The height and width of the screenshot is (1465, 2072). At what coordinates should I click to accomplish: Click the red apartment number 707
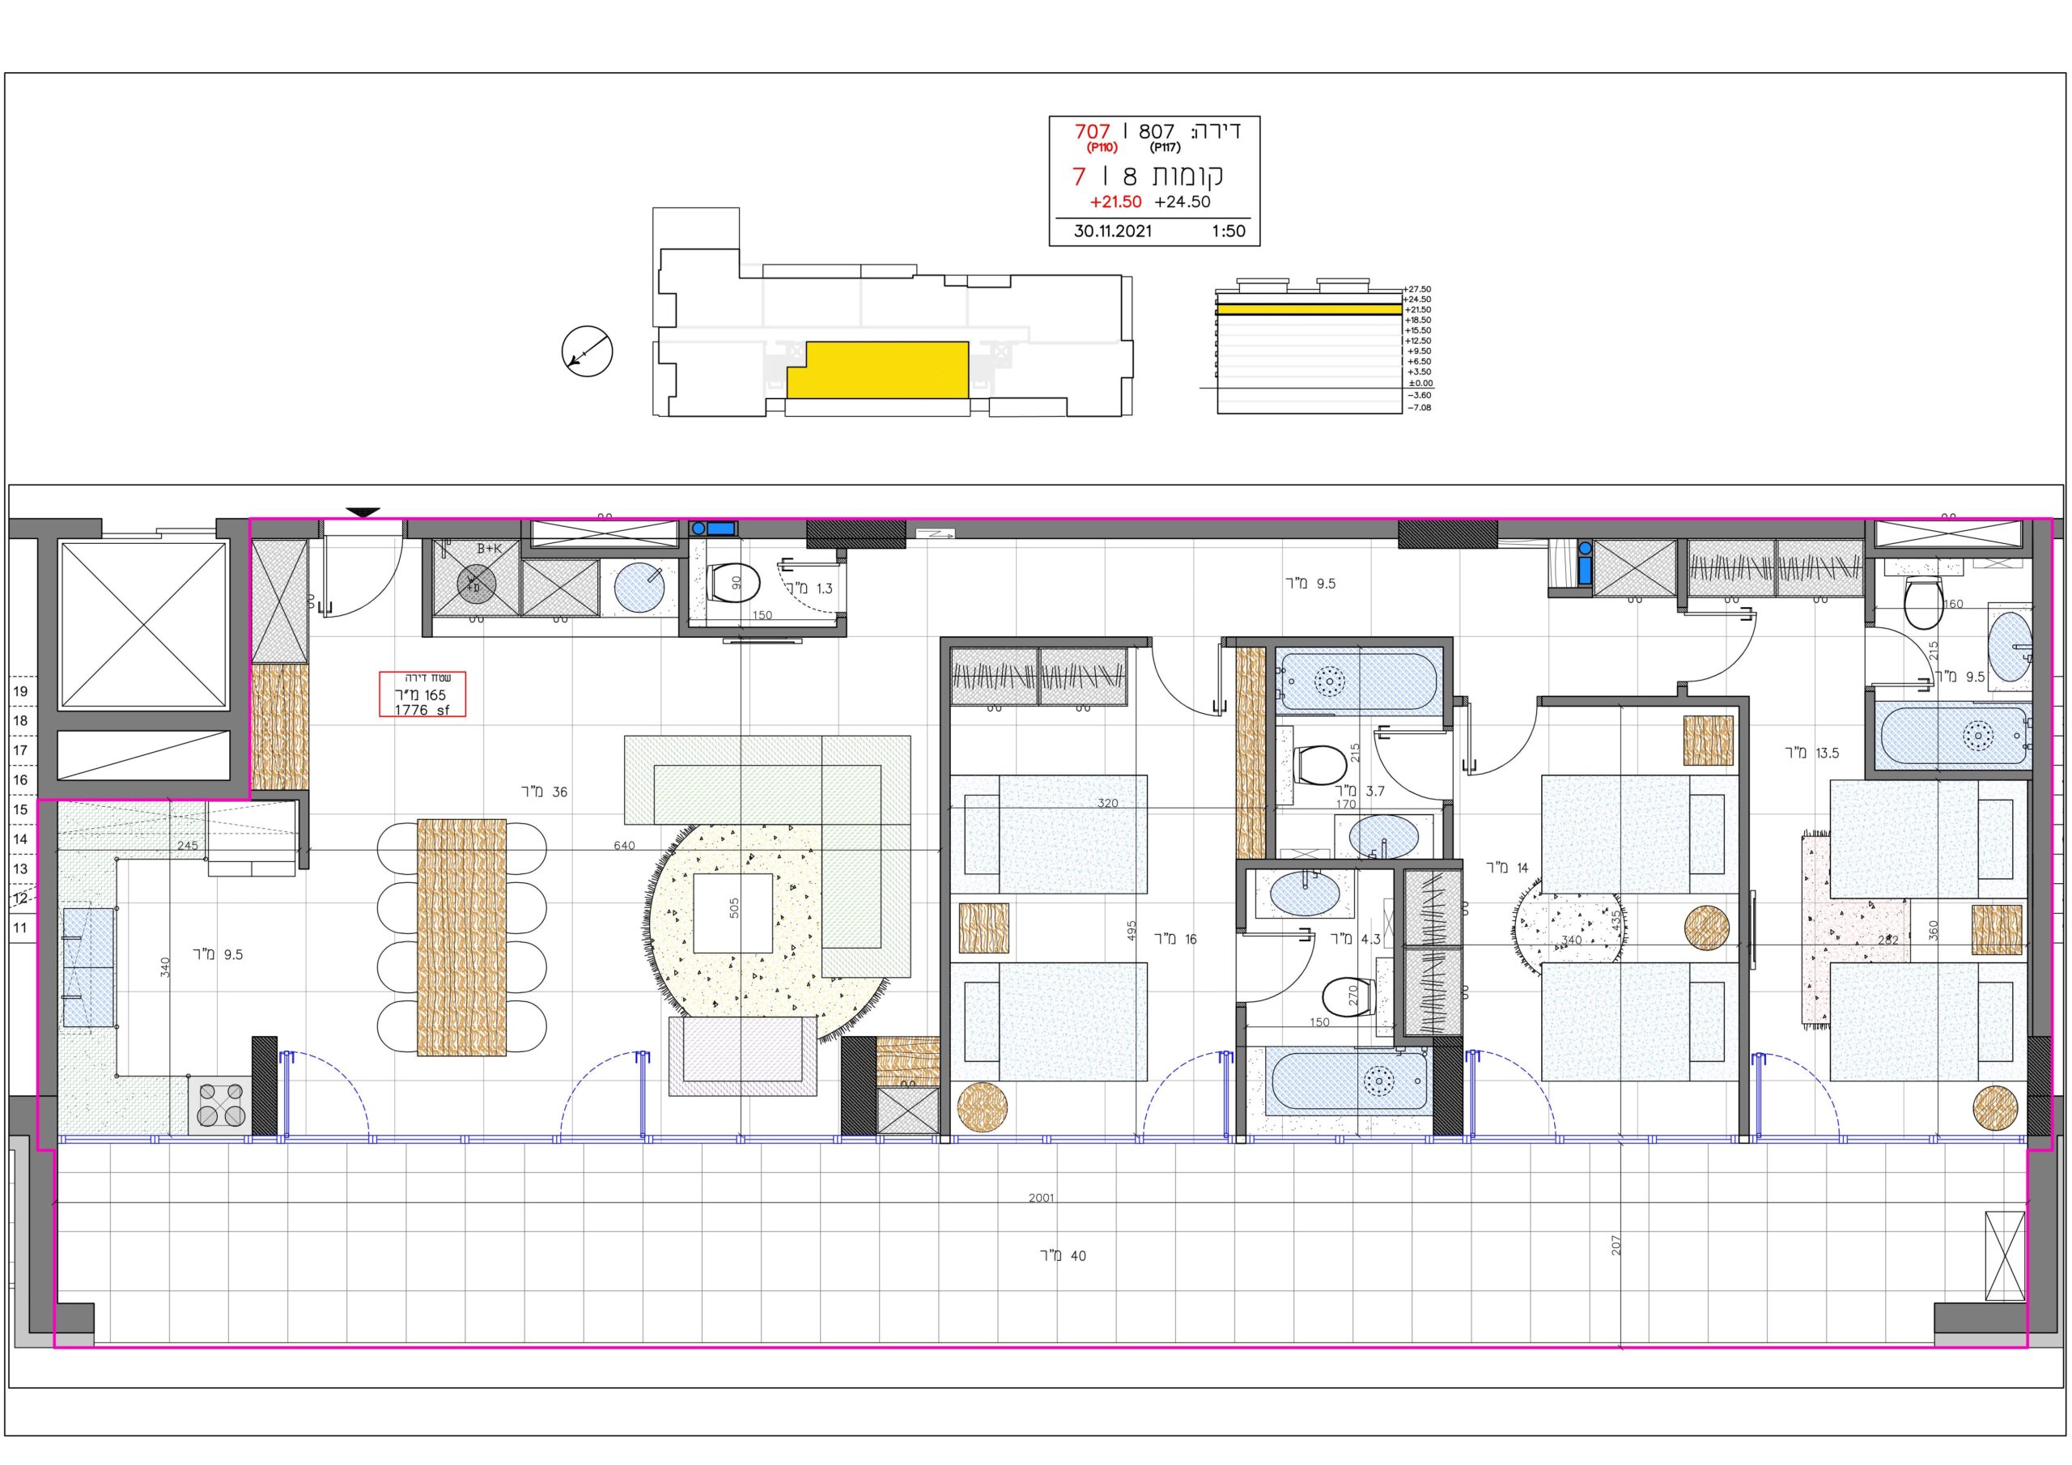1092,132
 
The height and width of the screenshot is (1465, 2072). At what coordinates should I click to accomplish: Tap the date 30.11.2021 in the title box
1113,231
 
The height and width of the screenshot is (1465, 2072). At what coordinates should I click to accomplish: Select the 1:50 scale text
1228,231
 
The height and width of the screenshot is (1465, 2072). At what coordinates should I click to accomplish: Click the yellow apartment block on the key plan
877,370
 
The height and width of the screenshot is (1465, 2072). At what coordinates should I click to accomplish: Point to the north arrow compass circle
587,351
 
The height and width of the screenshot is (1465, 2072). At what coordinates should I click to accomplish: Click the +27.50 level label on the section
1418,289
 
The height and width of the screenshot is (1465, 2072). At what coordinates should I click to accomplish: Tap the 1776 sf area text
422,711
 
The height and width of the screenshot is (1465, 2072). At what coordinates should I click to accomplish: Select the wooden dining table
461,937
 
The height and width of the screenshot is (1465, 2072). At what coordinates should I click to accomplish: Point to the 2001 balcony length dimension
1041,1198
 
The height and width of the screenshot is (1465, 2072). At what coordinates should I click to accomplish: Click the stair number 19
21,691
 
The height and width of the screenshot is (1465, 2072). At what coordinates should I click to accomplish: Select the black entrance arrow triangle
363,512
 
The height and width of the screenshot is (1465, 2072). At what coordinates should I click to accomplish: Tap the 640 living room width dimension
623,846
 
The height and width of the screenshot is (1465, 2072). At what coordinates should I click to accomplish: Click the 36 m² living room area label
544,792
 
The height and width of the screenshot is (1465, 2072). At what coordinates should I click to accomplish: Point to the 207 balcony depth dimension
1616,1245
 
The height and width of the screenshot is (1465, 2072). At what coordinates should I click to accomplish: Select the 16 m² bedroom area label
1175,940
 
